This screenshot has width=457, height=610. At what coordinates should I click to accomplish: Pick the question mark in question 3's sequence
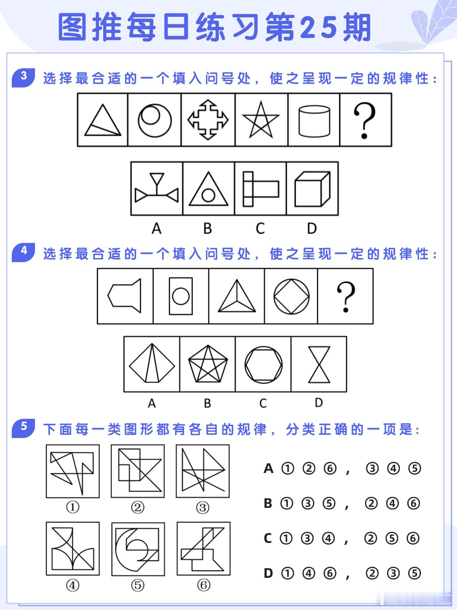coord(364,121)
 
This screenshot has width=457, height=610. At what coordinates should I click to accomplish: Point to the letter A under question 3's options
coord(157,229)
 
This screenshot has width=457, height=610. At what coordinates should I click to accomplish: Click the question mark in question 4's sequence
coord(346,297)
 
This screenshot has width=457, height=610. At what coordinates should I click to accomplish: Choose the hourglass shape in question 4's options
coord(319,364)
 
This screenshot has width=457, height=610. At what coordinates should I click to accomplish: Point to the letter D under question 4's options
coord(319,402)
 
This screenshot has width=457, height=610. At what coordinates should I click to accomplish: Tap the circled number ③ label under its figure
coord(203,508)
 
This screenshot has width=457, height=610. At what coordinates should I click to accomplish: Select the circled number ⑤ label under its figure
coord(138,585)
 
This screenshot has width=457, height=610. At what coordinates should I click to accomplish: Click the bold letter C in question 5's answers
coord(268,538)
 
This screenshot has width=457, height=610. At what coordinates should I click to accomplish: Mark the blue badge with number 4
coord(23,252)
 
